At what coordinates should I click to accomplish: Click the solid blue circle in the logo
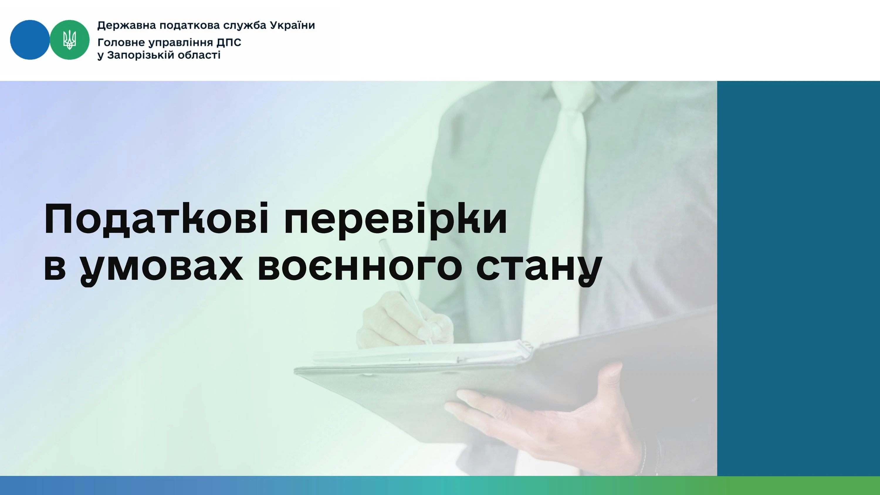[x=30, y=40]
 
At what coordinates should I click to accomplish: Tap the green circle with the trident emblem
[x=70, y=40]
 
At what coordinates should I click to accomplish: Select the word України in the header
[x=292, y=25]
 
